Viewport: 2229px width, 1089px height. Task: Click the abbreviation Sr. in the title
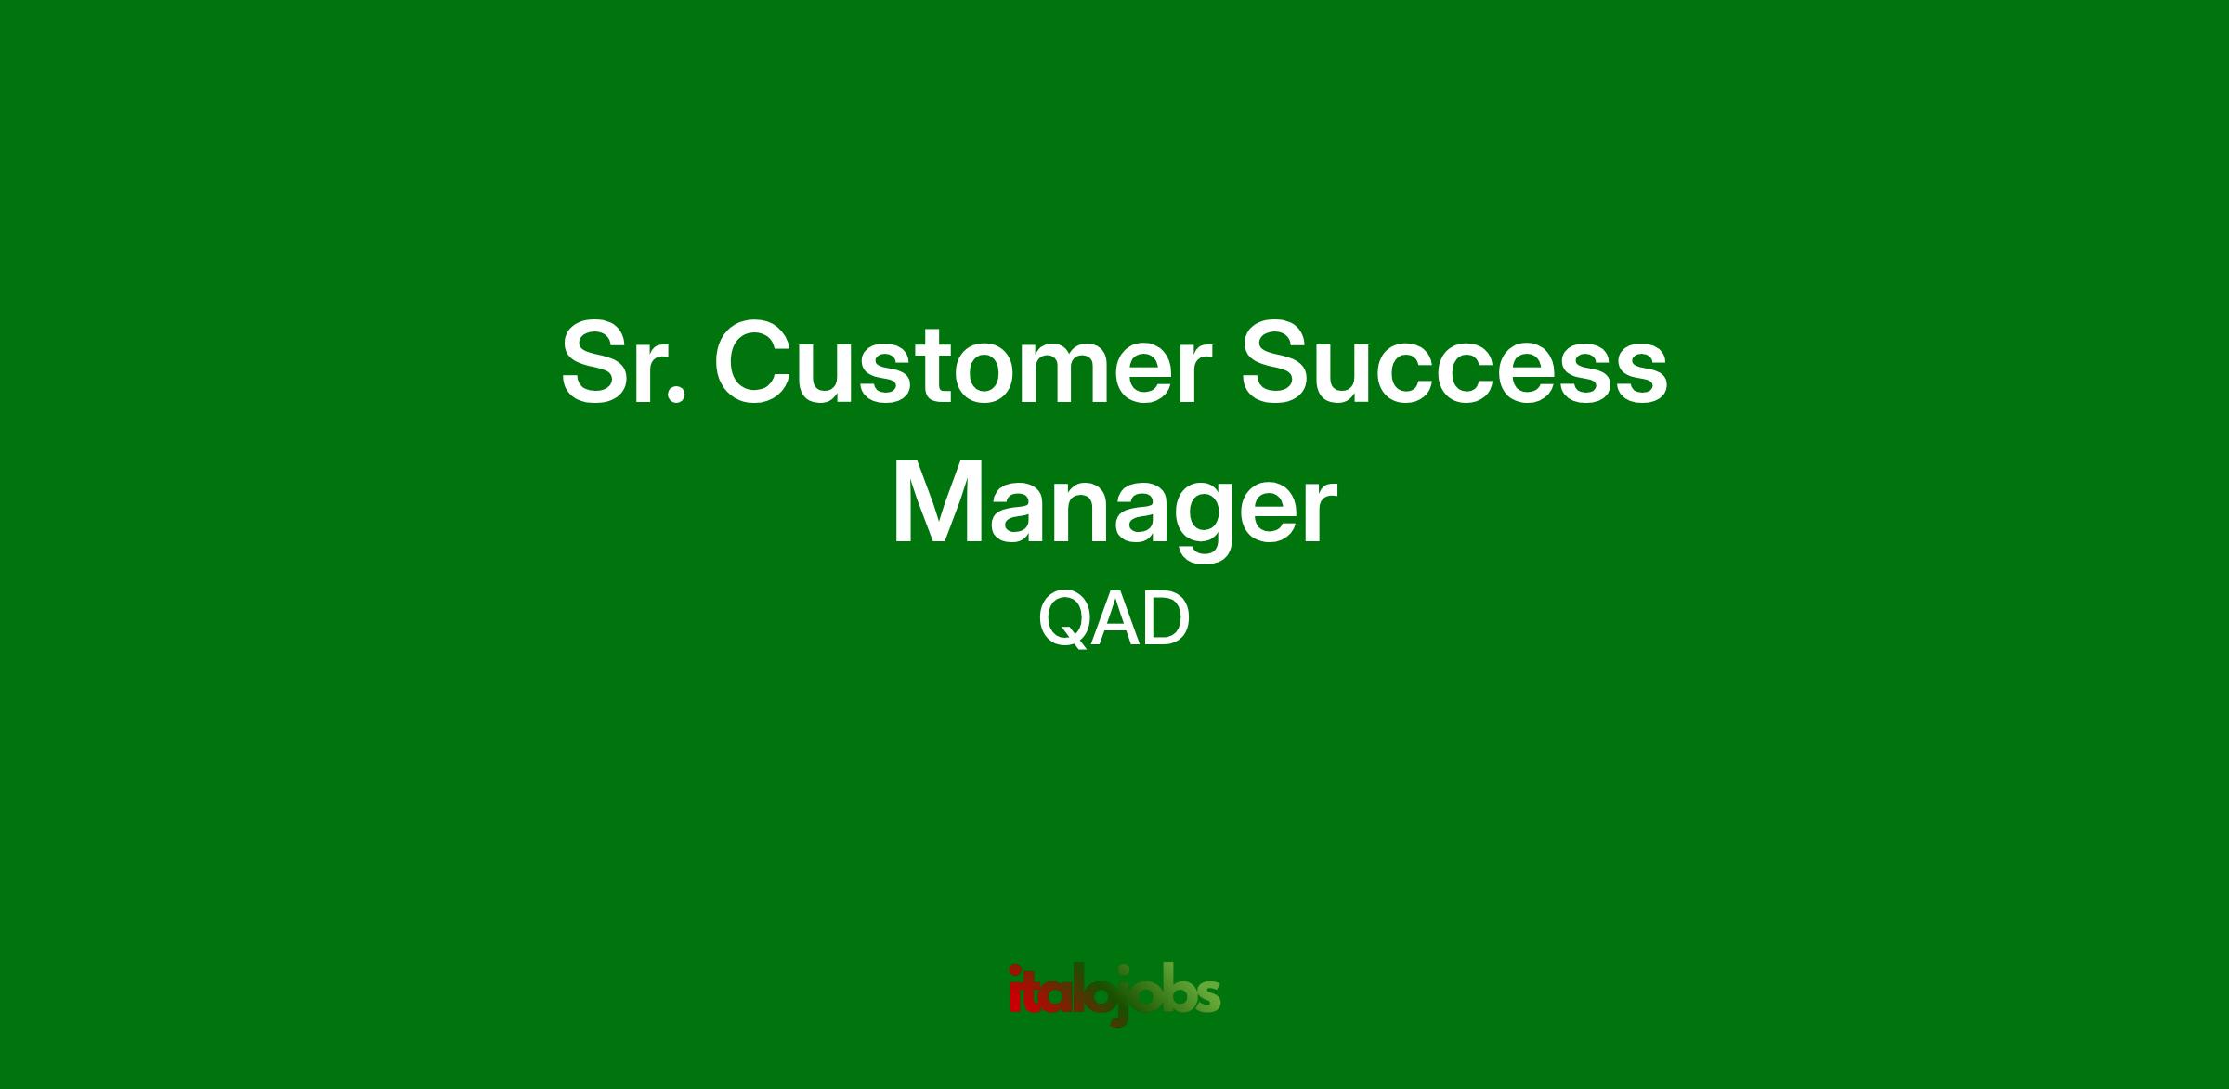[623, 365]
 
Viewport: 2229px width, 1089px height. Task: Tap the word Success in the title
[1454, 365]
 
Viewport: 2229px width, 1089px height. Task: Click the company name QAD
[1114, 620]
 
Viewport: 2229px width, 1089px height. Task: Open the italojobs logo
[1114, 994]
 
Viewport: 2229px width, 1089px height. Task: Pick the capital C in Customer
[754, 365]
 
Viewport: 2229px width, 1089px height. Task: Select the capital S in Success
[1281, 365]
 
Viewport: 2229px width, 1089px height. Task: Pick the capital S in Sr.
[600, 365]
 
